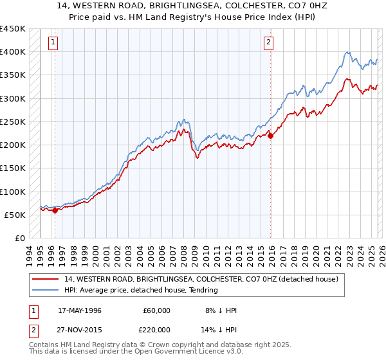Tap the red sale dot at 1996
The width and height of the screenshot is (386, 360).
tap(55, 210)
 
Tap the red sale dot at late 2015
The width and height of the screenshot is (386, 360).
tap(270, 136)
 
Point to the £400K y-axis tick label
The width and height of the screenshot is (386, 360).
tap(13, 52)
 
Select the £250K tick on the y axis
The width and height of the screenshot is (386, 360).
tap(13, 122)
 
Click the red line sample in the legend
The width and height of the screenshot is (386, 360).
tap(46, 279)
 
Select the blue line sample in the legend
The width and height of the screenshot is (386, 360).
tap(46, 290)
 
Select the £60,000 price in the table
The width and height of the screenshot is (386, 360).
tap(156, 310)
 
